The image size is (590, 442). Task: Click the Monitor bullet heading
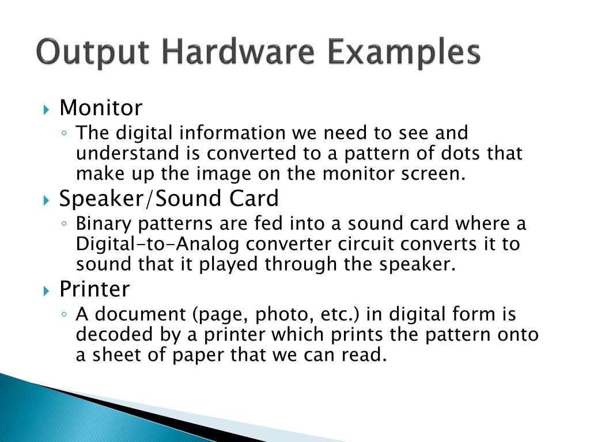tap(101, 108)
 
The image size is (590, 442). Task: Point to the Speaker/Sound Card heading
tap(169, 199)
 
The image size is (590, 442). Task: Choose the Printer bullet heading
tap(94, 289)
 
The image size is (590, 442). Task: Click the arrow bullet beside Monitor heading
tap(47, 109)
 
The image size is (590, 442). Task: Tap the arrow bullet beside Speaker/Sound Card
tap(47, 200)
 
